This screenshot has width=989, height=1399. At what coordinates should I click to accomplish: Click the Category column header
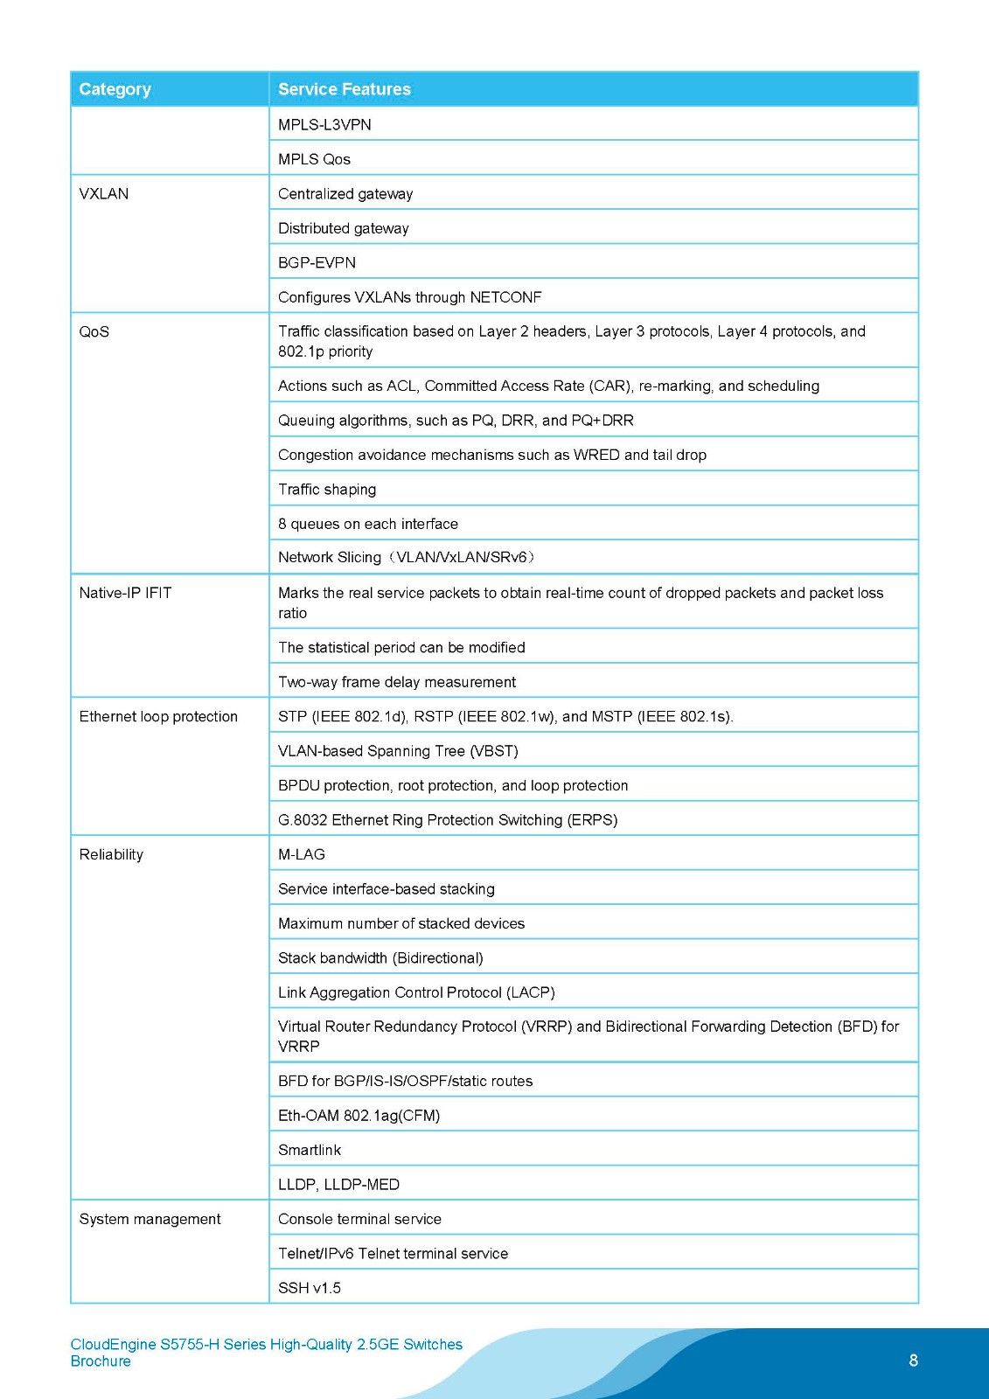click(115, 89)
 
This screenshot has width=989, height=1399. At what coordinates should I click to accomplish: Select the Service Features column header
click(344, 89)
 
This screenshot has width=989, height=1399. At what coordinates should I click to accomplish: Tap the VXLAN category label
click(103, 194)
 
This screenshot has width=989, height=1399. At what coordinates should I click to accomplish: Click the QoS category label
click(94, 332)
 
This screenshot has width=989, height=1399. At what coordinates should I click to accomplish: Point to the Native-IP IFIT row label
click(125, 593)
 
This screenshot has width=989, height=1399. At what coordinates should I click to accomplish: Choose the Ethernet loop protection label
click(158, 717)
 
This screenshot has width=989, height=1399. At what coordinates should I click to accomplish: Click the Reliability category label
click(111, 855)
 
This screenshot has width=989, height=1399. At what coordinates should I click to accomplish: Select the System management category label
click(150, 1220)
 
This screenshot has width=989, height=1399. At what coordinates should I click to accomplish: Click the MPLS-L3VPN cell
click(324, 125)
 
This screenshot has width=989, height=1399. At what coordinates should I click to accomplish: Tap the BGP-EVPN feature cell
click(317, 263)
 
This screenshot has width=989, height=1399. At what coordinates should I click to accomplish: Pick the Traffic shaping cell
click(327, 490)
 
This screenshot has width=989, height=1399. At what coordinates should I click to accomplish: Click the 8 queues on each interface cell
click(367, 524)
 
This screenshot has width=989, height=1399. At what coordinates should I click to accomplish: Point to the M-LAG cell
click(301, 855)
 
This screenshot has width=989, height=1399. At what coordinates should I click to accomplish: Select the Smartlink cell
click(310, 1151)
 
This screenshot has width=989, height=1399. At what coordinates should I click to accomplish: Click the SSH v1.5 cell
click(310, 1289)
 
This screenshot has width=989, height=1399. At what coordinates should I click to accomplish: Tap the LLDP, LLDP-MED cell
click(338, 1185)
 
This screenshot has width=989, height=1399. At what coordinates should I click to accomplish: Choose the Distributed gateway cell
click(343, 228)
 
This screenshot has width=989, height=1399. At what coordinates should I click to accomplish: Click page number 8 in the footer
click(914, 1361)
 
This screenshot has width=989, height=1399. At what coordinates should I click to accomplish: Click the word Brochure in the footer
click(101, 1361)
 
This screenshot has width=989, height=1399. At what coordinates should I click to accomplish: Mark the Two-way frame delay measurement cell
click(397, 682)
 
